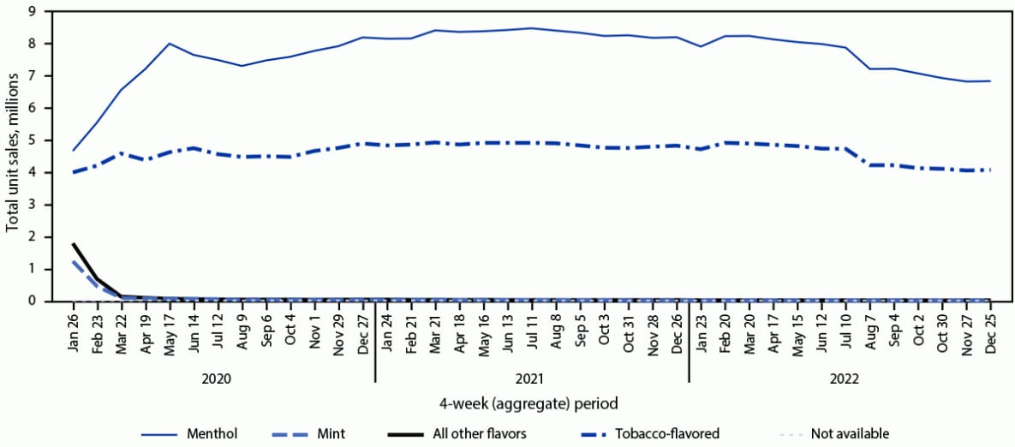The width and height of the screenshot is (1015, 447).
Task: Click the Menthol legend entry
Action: tap(212, 433)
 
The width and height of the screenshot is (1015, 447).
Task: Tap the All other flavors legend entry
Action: tap(482, 433)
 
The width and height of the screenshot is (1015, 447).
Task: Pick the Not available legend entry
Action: tap(850, 433)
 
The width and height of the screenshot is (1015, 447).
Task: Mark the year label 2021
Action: tap(532, 377)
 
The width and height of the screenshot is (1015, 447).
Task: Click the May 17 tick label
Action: tap(170, 330)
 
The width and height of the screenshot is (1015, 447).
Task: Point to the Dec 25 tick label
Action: tap(991, 330)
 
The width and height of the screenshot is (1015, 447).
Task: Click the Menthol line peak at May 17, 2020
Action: tap(170, 43)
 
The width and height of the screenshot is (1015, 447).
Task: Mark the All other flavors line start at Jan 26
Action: tap(74, 244)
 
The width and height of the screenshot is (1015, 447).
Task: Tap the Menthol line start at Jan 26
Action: tap(74, 150)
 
